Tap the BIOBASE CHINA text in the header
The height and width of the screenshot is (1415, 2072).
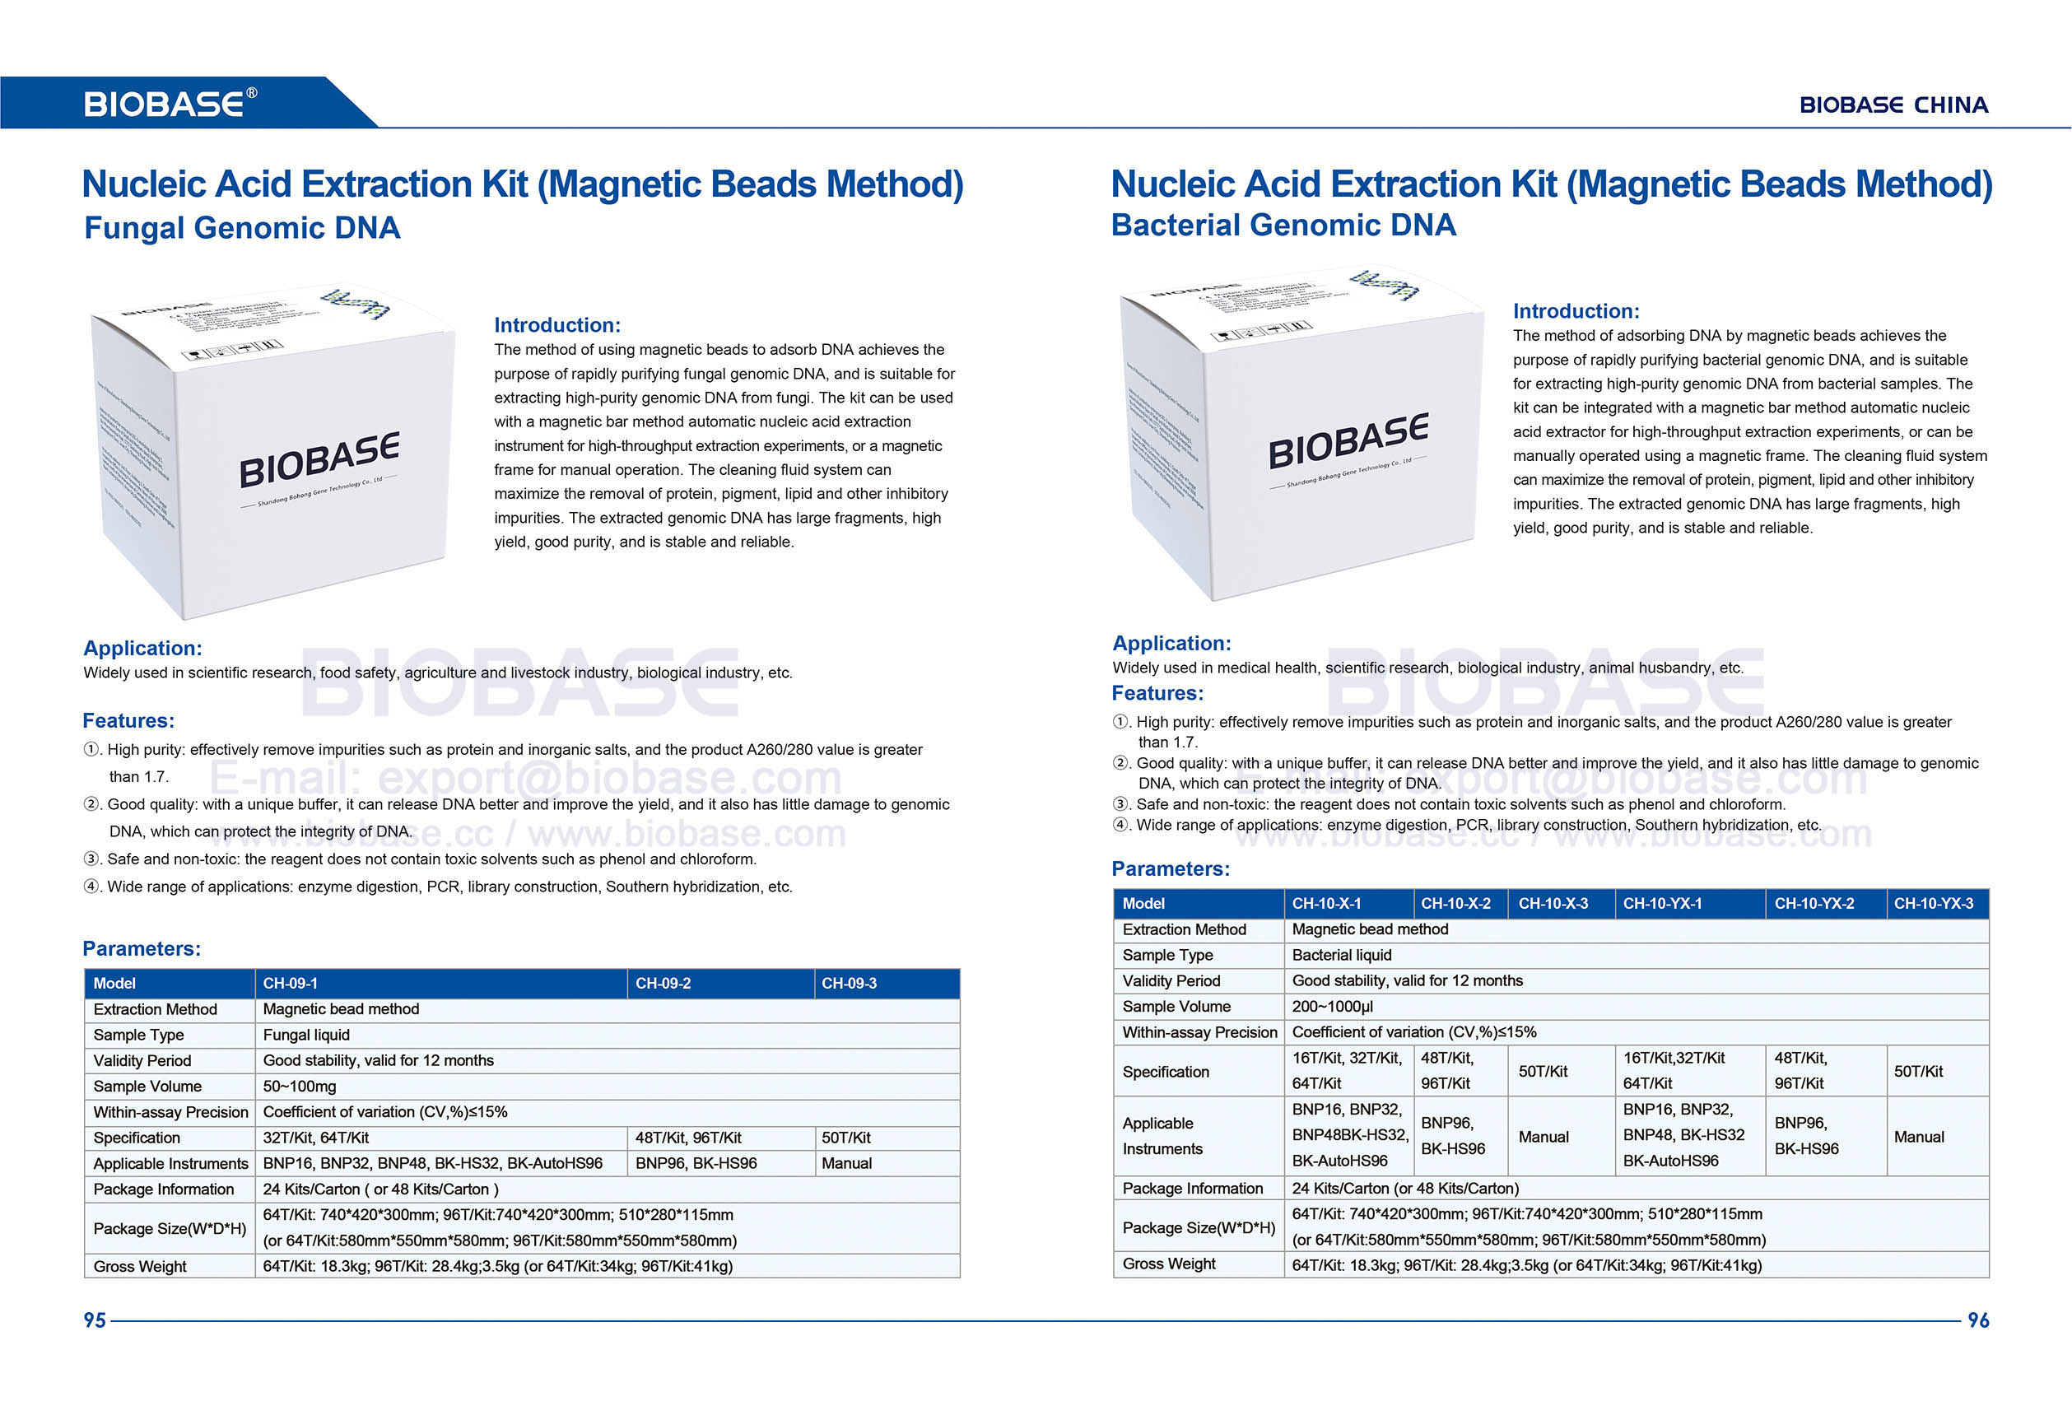click(x=1893, y=105)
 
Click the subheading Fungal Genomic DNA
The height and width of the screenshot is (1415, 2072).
click(x=242, y=228)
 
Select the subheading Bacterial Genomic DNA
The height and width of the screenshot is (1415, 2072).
click(x=1283, y=226)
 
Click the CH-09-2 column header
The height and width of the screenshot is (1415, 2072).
click(x=663, y=984)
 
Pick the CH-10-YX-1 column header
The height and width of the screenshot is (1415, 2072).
click(x=1662, y=903)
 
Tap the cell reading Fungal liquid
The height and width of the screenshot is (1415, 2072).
click(x=305, y=1036)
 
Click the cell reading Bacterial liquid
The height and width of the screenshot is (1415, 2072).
click(x=1341, y=955)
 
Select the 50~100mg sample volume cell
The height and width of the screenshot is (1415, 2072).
click(x=299, y=1086)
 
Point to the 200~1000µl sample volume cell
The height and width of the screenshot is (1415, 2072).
click(x=1332, y=1007)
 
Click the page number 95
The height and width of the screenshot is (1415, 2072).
click(x=95, y=1320)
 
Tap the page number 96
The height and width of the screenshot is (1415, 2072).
click(x=1977, y=1320)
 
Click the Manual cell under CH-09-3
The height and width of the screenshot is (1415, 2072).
click(x=846, y=1164)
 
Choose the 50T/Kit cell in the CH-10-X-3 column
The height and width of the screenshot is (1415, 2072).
click(x=1543, y=1071)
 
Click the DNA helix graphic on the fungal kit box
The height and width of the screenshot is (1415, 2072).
click(x=355, y=303)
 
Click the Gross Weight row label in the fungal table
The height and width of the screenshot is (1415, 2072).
click(x=140, y=1266)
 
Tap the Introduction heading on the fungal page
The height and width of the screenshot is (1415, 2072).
click(x=557, y=325)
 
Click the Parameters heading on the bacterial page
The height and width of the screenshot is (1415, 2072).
click(x=1170, y=869)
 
